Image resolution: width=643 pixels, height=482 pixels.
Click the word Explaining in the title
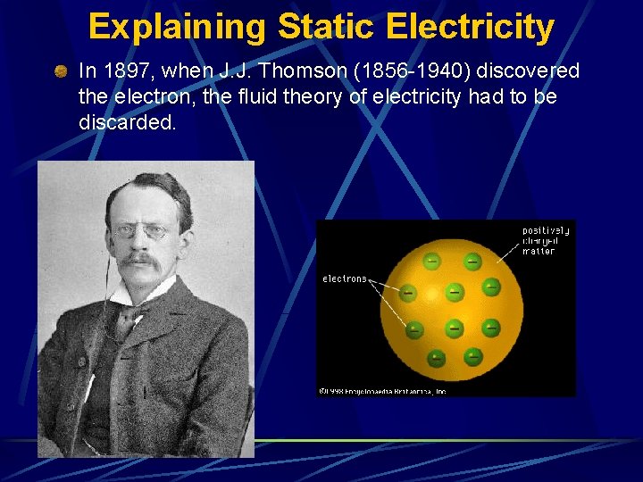tap(177, 27)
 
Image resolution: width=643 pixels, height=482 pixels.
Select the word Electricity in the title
tap(470, 27)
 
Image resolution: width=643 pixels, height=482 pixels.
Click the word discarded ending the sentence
tap(127, 121)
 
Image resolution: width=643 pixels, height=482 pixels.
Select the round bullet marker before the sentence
tap(60, 71)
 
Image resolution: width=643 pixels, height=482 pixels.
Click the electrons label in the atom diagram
tap(345, 278)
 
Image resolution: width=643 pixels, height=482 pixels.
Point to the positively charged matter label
tap(545, 241)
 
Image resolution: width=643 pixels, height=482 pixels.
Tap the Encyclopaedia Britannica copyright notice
tap(382, 390)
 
